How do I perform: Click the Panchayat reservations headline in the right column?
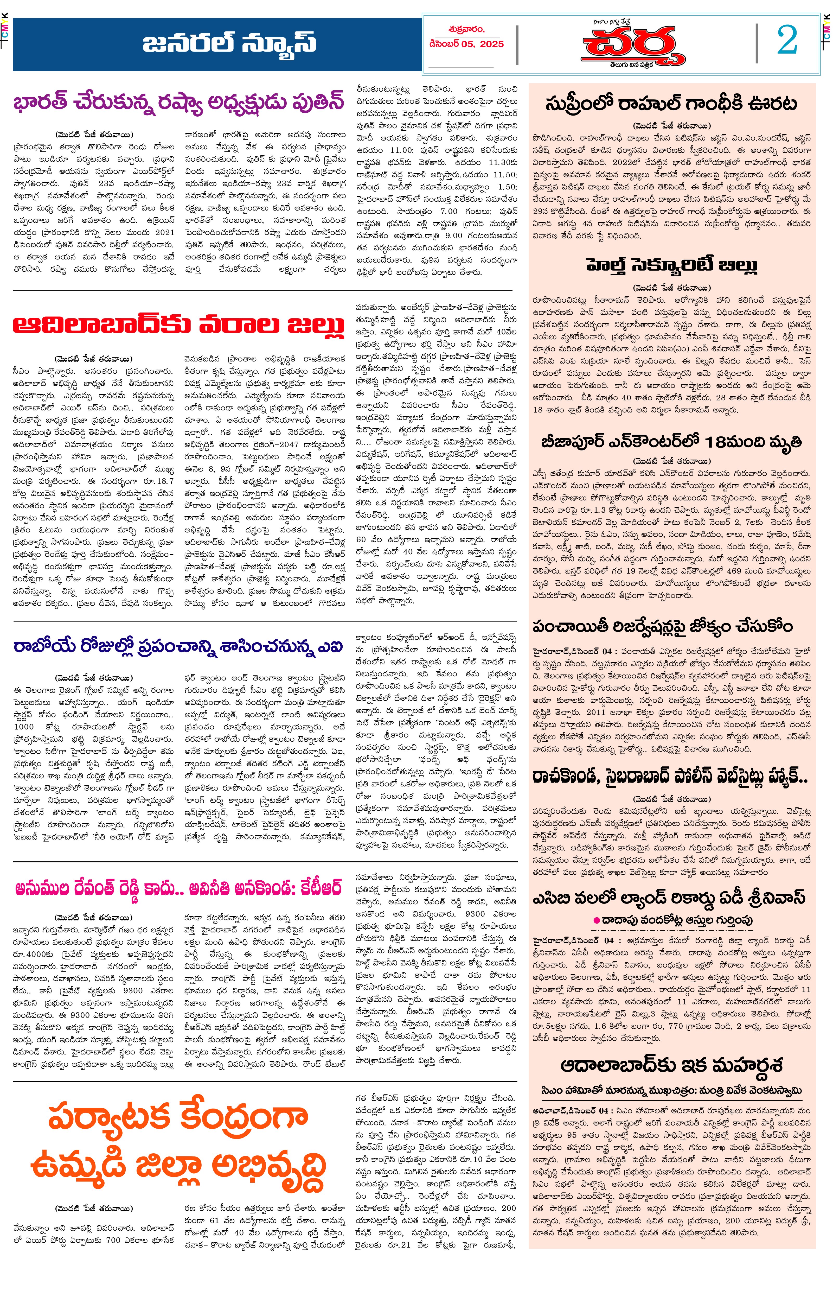coord(663,626)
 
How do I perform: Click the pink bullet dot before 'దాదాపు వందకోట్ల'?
coord(597,920)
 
